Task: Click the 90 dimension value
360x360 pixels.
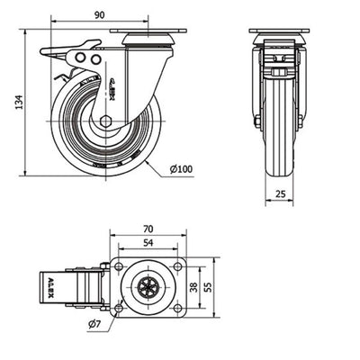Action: coord(100,15)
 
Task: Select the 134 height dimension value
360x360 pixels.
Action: coord(19,102)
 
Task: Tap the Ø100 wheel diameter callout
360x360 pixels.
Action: coord(181,169)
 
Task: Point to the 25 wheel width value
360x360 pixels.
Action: coord(280,193)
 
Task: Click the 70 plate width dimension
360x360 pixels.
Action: coord(148,229)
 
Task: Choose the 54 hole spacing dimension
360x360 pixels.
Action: coord(148,242)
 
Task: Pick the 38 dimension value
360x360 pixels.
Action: coord(194,287)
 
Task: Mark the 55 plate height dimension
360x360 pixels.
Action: coord(208,287)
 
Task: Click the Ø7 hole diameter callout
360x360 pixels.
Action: coord(94,324)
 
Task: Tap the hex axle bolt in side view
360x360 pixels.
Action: coord(106,121)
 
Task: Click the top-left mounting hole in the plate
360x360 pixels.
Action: coord(119,266)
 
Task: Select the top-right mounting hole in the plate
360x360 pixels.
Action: coord(177,266)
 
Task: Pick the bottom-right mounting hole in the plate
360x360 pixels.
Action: coord(177,308)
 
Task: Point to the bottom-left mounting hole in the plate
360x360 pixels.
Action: coord(119,308)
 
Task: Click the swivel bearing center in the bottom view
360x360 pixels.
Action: coord(148,287)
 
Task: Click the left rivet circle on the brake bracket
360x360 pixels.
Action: coord(80,58)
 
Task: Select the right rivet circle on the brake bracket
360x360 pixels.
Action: coord(95,59)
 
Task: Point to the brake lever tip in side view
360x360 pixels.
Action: coord(41,51)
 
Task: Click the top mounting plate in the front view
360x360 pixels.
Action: coord(279,31)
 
